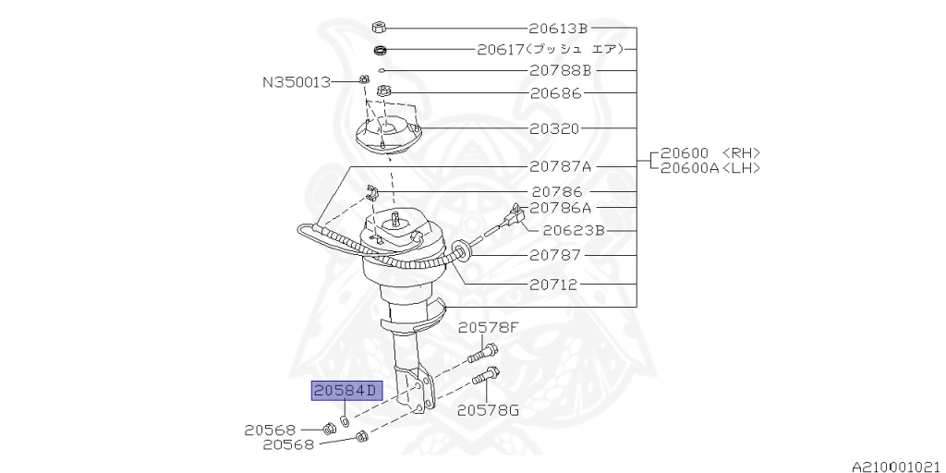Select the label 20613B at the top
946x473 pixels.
pos(558,28)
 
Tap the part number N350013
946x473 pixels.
pos(296,82)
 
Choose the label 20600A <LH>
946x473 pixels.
pos(715,167)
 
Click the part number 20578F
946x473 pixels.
pos(489,327)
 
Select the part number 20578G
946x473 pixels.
pos(489,409)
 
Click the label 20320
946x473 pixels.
pos(555,128)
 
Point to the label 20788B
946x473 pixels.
pos(560,70)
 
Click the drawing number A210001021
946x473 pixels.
pos(895,467)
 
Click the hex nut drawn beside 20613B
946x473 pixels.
pos(379,27)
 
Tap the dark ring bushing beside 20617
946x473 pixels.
pos(380,49)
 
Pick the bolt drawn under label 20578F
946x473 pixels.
pos(482,352)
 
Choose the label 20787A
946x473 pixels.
pos(561,167)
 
